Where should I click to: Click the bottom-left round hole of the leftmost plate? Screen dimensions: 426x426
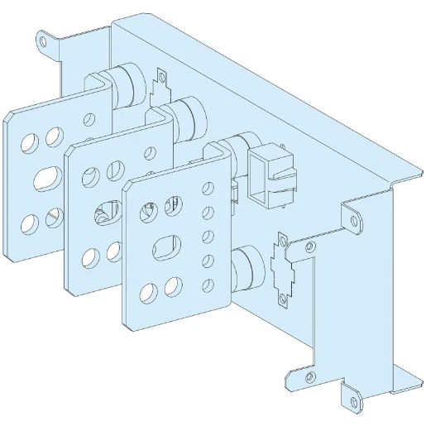(31, 222)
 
